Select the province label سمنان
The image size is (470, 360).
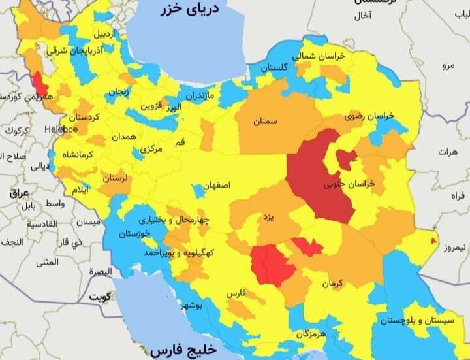point(266,122)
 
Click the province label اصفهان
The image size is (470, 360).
point(216,186)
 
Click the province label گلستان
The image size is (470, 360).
point(275,68)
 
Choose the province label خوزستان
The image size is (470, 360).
point(135,233)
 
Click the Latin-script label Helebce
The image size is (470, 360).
point(61,129)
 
